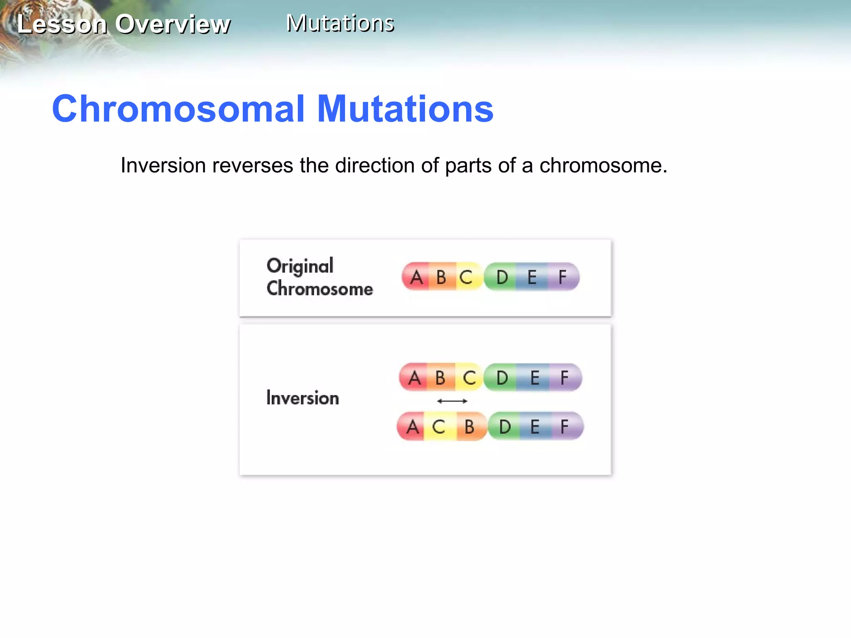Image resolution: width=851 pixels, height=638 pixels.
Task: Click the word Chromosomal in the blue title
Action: pos(178,109)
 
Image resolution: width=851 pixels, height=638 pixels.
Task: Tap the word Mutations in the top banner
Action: pos(340,23)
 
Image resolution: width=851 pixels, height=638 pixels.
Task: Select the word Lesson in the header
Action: pos(62,24)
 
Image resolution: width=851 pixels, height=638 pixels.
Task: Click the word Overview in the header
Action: pos(172,24)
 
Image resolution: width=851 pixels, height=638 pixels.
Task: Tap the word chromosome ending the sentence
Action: pos(603,166)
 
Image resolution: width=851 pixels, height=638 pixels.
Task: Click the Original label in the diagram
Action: pos(300,266)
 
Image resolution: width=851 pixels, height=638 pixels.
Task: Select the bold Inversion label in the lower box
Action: pos(303,398)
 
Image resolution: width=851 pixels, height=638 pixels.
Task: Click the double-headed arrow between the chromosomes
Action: pos(452,401)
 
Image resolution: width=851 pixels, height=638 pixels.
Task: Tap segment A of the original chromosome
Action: pos(416,277)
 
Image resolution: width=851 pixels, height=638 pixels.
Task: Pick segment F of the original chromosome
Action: pos(563,277)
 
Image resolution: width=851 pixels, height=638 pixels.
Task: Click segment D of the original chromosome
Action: pos(502,277)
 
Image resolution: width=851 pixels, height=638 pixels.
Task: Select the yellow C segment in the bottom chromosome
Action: pos(438,427)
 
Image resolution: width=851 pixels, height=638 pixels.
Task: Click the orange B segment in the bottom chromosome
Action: pos(470,427)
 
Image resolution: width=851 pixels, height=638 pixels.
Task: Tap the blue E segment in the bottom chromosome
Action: pos(535,427)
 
